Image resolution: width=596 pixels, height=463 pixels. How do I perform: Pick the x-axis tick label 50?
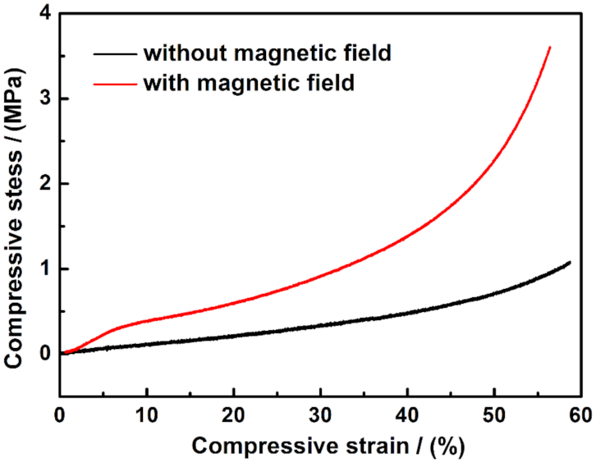click(494, 412)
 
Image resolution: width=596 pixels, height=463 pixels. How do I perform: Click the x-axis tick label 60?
click(580, 412)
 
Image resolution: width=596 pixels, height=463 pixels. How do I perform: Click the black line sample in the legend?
click(114, 55)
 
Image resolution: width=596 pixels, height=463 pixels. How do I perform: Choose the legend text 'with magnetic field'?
click(249, 84)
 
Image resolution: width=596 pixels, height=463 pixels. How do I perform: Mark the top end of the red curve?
click(549, 48)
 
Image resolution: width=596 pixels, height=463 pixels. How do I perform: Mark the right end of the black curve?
click(569, 263)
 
